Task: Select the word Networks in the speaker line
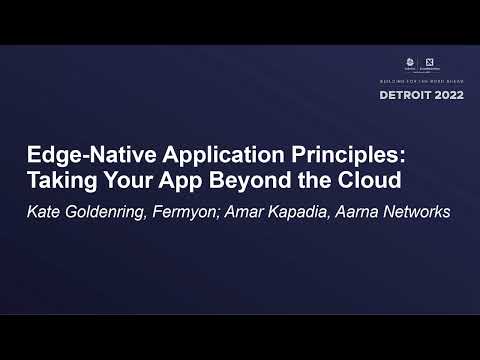(x=419, y=212)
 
